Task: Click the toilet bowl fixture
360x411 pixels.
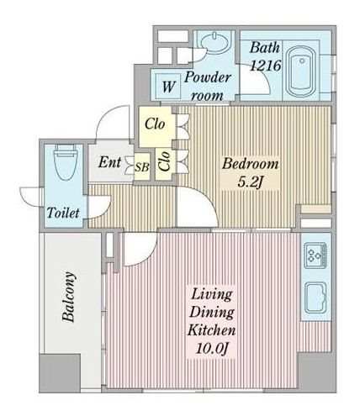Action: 66,162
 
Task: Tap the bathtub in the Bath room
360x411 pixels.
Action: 301,71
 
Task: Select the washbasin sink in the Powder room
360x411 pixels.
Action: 214,43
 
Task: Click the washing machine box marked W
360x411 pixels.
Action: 168,87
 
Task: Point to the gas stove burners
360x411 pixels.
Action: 315,256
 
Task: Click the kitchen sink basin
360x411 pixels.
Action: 315,298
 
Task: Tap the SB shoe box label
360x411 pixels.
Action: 142,167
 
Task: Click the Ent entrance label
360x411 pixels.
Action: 109,162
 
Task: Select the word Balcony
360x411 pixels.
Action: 69,297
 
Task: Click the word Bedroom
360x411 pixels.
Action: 251,164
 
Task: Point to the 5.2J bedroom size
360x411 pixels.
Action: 250,182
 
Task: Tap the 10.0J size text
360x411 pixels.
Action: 212,349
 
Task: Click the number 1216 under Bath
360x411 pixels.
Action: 265,66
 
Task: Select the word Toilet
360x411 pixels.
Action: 63,213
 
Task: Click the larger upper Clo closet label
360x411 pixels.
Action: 155,124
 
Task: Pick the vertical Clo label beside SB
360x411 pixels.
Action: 164,161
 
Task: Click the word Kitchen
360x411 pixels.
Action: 211,330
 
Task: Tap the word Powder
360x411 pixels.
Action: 207,77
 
